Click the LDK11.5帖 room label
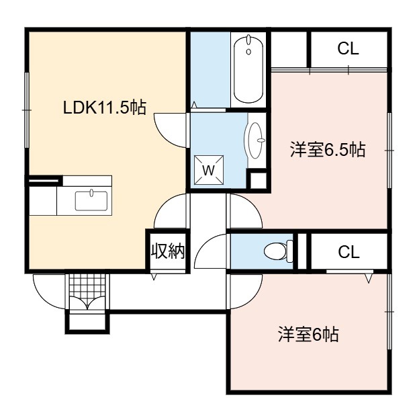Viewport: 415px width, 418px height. point(104,108)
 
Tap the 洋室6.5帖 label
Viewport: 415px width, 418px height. point(328,150)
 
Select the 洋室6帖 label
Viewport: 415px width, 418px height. point(308,335)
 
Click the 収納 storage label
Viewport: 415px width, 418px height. point(168,251)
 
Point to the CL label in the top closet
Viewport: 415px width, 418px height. point(348,49)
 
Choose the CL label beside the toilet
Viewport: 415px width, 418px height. point(349,252)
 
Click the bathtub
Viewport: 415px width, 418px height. point(248,69)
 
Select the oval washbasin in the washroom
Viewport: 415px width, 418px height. point(255,140)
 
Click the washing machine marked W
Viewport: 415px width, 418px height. point(209,170)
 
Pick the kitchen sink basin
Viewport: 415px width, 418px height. point(91,201)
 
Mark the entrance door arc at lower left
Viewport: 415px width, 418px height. point(42,298)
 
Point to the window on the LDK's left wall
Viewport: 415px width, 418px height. point(27,110)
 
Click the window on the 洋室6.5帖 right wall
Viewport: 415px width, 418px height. point(389,150)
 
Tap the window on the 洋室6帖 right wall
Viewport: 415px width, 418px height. point(389,311)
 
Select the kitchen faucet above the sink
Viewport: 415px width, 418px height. point(91,192)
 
